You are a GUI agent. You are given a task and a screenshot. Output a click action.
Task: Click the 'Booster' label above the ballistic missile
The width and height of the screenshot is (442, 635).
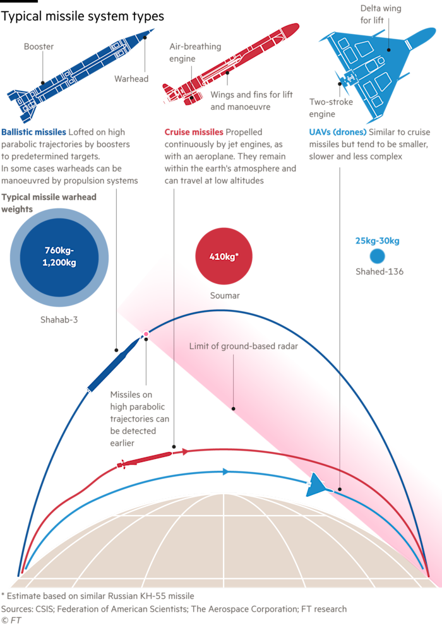tap(39, 47)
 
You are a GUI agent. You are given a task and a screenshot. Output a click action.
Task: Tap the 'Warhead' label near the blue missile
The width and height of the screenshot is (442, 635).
tap(131, 80)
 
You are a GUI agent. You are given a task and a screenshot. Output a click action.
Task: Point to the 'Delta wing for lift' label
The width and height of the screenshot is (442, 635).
tap(380, 15)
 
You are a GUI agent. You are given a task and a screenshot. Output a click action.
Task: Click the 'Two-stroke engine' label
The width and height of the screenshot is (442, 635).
tap(331, 109)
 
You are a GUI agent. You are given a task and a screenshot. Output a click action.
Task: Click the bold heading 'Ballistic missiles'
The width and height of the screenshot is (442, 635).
tap(33, 133)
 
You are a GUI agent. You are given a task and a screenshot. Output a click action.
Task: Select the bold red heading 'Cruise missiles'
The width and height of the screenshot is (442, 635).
tap(194, 133)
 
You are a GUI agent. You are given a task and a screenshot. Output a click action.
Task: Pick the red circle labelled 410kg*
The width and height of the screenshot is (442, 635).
tap(223, 257)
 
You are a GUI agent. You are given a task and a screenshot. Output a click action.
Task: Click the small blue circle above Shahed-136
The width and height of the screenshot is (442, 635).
tap(377, 256)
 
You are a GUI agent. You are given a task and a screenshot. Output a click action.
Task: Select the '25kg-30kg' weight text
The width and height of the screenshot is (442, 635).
tap(377, 241)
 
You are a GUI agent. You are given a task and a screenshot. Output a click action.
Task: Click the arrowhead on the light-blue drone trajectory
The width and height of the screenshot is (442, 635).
tap(225, 472)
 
